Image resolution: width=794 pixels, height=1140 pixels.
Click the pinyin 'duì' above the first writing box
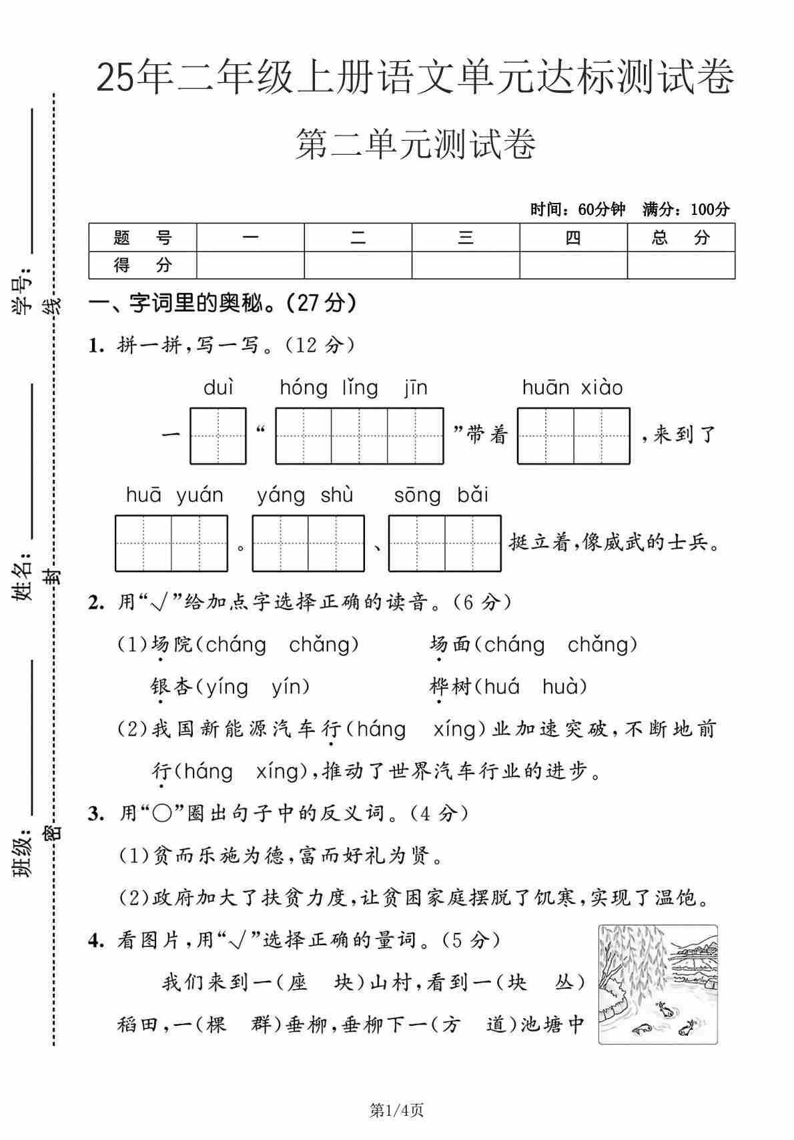(x=219, y=388)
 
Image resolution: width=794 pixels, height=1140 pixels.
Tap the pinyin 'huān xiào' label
(x=572, y=388)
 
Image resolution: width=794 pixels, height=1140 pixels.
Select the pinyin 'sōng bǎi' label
(x=441, y=495)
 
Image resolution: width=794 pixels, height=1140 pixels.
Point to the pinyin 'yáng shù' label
(x=305, y=495)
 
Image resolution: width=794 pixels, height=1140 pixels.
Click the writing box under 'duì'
(x=218, y=436)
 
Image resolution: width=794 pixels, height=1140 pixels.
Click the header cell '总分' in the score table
(x=681, y=238)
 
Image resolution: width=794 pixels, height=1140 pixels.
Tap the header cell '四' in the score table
(x=573, y=238)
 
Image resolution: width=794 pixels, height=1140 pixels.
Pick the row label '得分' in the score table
(x=143, y=265)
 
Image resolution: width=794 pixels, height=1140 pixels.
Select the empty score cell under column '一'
(x=250, y=265)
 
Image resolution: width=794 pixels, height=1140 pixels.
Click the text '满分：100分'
(x=686, y=210)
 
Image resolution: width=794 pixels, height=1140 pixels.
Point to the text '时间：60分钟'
(x=578, y=210)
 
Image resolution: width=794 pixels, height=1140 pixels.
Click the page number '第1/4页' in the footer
(x=397, y=1111)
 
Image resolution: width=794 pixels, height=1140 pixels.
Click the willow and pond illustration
(x=658, y=984)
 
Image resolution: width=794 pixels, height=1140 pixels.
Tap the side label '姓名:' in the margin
(x=23, y=575)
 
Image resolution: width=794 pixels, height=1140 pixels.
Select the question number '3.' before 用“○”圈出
(x=97, y=814)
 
